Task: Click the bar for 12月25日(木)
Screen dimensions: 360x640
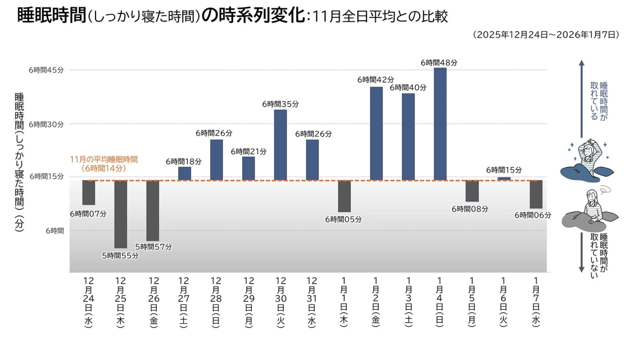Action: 121,214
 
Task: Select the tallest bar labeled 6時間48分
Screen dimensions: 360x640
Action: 440,124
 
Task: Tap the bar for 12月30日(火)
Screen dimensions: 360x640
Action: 281,145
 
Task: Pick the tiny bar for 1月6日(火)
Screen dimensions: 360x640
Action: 504,178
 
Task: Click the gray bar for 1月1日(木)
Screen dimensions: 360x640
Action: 345,196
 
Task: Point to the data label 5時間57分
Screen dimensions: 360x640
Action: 154,247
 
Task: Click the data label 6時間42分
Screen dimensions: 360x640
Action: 375,79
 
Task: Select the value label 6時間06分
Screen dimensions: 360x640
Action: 533,215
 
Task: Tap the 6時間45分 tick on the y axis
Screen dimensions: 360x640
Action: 46,70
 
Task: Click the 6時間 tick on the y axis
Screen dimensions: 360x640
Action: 54,231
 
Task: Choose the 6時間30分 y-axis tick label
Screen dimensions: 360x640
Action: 46,124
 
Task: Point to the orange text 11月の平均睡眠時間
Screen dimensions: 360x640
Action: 104,159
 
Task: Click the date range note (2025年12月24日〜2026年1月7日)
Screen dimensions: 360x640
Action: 546,35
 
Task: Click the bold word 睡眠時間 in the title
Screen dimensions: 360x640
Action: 51,15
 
